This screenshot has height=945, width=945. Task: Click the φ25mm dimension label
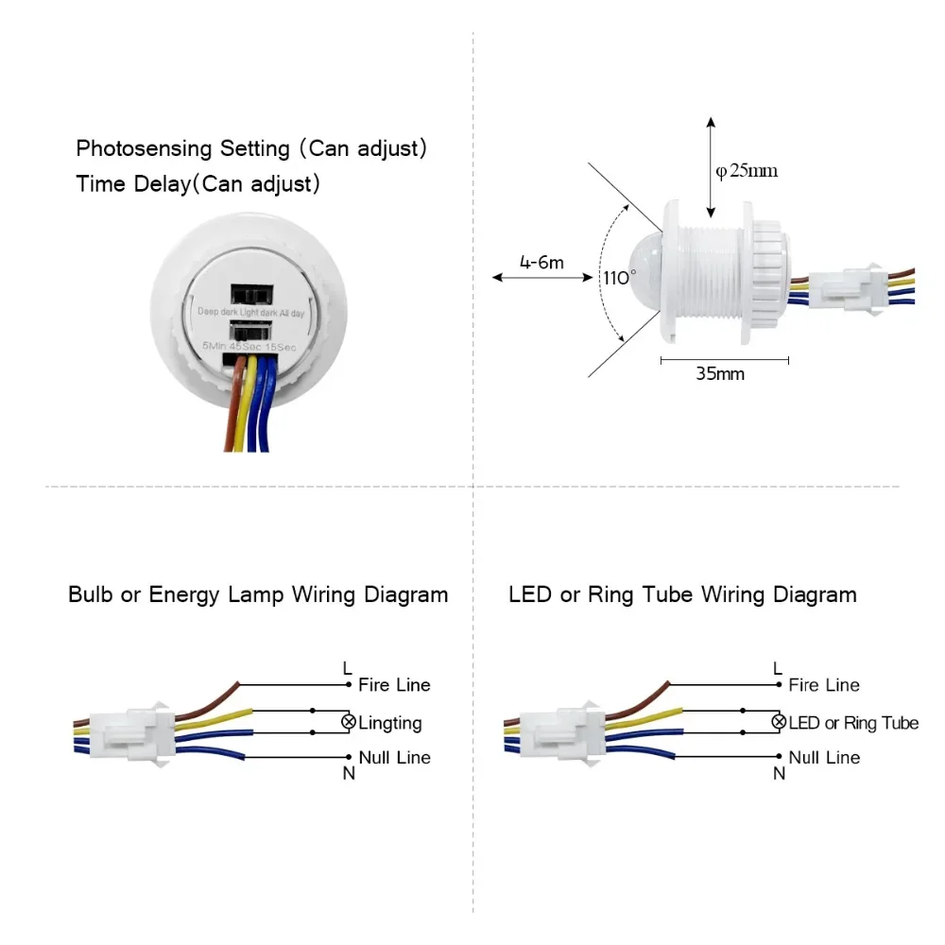747,171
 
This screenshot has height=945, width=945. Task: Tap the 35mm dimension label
720,373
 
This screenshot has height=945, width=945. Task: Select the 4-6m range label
541,262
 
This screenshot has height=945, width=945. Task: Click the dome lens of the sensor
645,262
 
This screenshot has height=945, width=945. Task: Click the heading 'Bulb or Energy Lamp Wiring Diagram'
258,594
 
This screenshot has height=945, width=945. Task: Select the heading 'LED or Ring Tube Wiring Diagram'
682,594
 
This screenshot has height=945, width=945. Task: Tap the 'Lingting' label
390,723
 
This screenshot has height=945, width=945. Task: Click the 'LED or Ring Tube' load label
853,723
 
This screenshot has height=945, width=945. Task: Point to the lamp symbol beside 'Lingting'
348,723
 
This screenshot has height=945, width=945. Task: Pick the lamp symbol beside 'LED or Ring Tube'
779,722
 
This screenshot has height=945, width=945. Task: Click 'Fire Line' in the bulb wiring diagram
394,685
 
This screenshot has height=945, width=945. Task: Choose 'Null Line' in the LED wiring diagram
824,757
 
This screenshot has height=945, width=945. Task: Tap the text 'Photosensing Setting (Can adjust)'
252,148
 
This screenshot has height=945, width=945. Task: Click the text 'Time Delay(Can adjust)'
198,183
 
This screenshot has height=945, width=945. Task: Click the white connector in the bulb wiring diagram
130,731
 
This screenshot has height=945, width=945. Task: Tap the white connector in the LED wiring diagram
561,731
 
